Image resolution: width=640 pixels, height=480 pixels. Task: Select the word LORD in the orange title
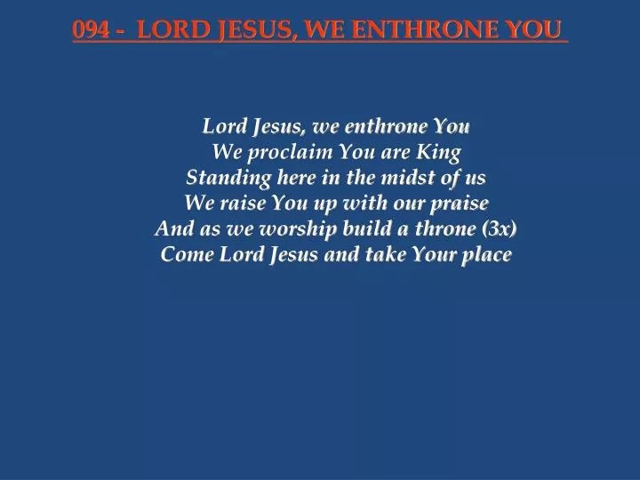[x=175, y=29]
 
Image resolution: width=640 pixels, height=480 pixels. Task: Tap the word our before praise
[x=404, y=204]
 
